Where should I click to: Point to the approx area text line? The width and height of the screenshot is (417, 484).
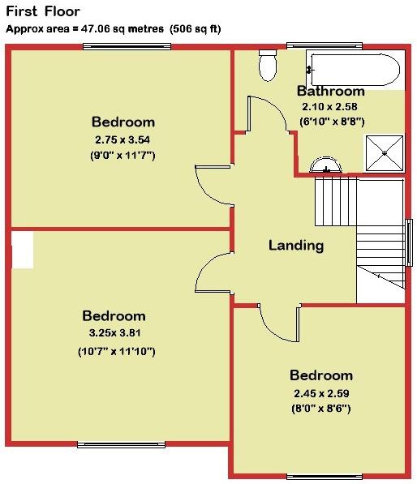[x=113, y=28]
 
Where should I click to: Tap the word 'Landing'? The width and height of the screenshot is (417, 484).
[x=296, y=246]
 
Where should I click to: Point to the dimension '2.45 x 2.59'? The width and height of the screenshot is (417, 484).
[x=321, y=393]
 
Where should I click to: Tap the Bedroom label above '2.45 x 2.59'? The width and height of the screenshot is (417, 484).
[x=321, y=375]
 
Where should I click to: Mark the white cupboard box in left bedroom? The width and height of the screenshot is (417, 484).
[x=22, y=250]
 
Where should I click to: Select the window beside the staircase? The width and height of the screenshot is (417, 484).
[x=409, y=242]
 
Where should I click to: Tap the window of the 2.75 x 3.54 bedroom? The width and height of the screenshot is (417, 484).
[x=126, y=46]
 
